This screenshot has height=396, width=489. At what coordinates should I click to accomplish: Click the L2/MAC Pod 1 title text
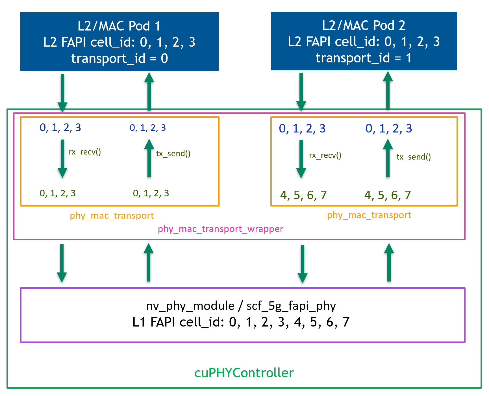coord(119,26)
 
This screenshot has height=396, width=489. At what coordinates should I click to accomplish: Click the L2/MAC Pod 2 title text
coord(364,25)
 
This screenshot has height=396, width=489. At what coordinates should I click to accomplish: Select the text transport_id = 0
coord(119,58)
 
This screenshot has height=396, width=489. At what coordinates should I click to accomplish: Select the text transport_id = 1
coord(363,58)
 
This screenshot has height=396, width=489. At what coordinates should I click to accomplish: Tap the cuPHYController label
coord(244,373)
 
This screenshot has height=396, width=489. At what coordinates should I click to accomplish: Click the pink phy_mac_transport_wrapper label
coord(220,229)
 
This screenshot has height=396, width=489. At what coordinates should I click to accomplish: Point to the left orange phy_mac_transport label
coord(112,216)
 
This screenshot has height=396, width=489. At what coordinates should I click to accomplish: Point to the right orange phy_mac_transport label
coord(369,215)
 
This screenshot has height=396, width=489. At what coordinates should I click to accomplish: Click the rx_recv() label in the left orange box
coord(85,152)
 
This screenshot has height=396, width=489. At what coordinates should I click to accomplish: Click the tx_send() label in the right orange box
coord(414,157)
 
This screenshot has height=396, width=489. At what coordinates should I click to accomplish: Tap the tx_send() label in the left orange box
coord(173,154)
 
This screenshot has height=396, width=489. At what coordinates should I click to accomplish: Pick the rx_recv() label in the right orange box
coord(325,155)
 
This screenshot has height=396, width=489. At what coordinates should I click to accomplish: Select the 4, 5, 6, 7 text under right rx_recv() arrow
coord(303,195)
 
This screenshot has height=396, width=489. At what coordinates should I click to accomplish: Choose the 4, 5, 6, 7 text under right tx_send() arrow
coord(388,195)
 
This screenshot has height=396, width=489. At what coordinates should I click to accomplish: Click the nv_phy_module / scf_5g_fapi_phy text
coord(241,306)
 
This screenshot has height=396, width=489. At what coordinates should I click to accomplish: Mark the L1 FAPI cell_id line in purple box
coord(241,322)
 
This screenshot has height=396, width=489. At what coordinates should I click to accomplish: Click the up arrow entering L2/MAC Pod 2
coord(388,90)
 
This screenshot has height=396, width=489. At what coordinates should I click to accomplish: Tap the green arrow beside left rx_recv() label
coord(62,158)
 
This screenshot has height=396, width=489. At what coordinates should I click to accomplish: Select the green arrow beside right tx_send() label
coord(388,158)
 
